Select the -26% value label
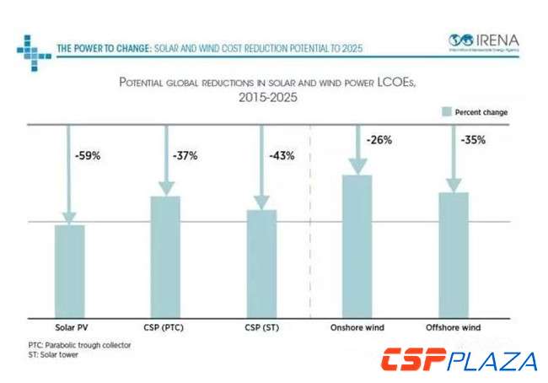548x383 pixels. (379, 140)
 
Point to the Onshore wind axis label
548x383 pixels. (357, 326)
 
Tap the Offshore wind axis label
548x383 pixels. (453, 326)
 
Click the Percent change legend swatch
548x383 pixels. (445, 111)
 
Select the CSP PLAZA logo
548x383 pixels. (459, 360)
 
